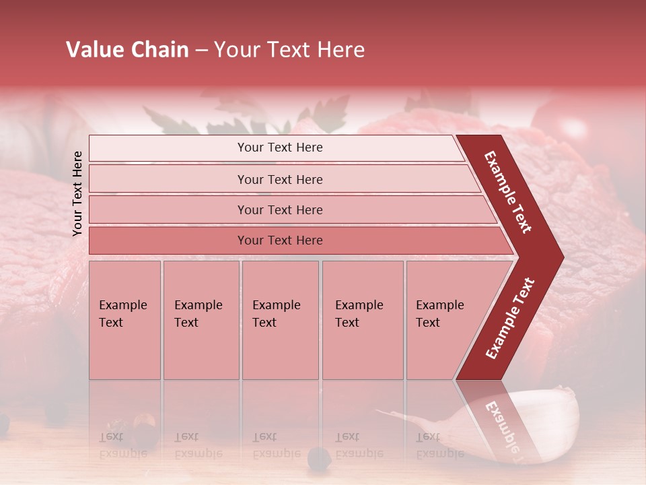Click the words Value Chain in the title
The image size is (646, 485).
click(127, 50)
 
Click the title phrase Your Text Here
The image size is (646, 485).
click(289, 50)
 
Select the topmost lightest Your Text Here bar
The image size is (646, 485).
click(279, 148)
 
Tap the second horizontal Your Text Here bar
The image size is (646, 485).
click(279, 179)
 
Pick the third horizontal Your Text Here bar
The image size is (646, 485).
click(279, 209)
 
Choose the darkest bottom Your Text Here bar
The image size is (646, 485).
click(279, 240)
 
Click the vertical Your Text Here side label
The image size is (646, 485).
click(77, 193)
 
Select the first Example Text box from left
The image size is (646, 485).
click(124, 320)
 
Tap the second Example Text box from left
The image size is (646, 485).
click(201, 320)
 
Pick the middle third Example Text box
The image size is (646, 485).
click(280, 320)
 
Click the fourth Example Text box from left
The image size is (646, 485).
click(362, 320)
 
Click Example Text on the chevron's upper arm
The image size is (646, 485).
click(508, 192)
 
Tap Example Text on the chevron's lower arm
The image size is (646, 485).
click(510, 318)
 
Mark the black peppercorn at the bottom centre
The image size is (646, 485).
click(319, 457)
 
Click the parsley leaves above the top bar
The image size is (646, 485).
click(316, 115)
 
